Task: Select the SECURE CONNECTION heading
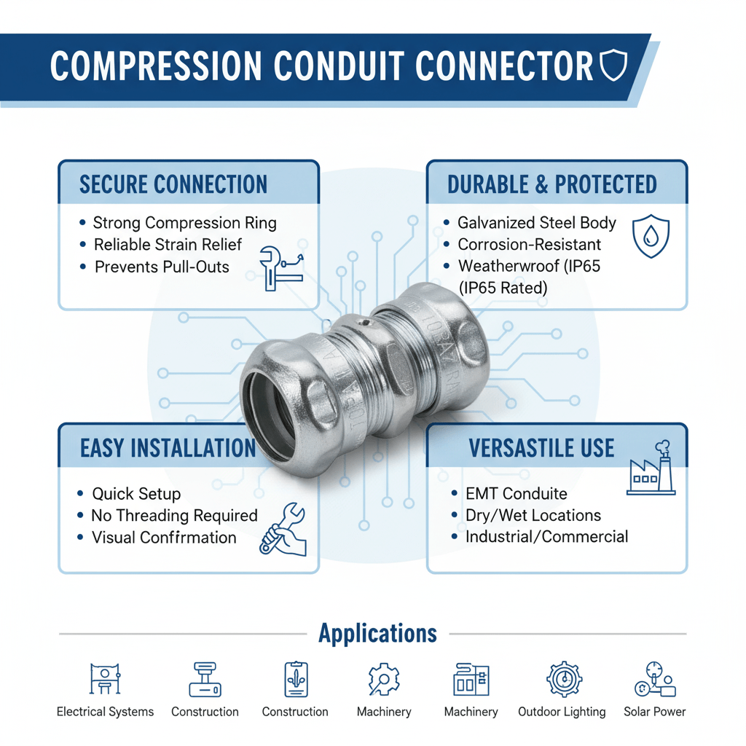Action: [173, 184]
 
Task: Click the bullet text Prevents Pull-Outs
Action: [162, 267]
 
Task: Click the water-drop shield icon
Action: [650, 236]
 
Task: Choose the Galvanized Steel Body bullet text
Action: [537, 223]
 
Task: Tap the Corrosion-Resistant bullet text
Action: [530, 245]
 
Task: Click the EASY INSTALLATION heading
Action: [168, 448]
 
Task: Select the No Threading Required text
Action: [174, 516]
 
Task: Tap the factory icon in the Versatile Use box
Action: [651, 469]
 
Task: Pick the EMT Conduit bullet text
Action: [516, 494]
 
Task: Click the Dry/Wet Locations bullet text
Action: [533, 516]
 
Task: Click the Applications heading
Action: [378, 634]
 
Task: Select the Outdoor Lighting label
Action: [562, 712]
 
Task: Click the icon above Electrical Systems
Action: [105, 680]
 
